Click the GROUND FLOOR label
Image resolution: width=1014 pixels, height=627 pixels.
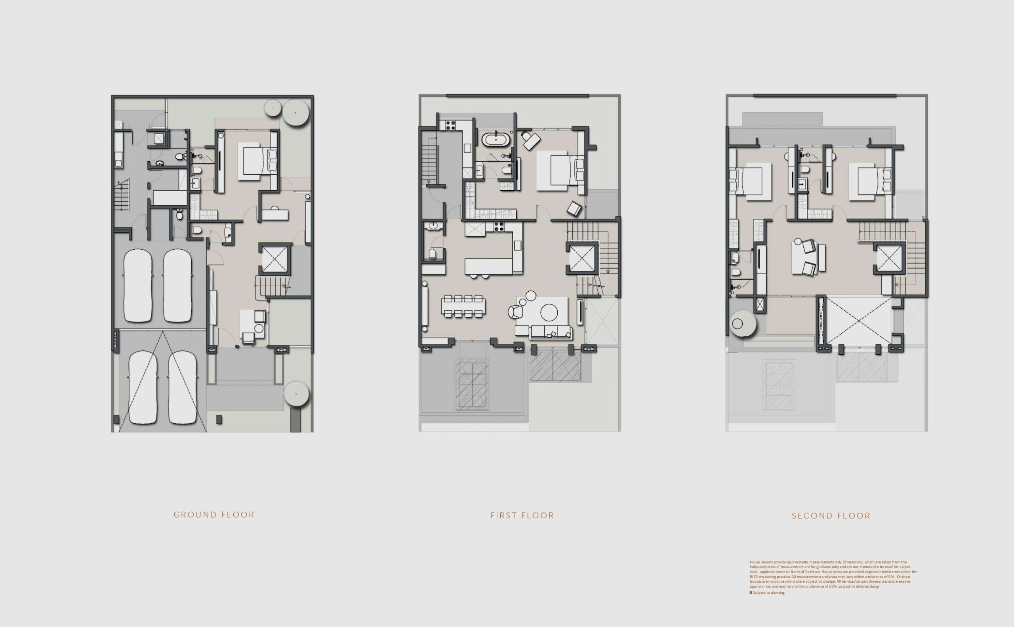pos(214,514)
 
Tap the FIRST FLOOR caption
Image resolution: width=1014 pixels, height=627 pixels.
pos(522,516)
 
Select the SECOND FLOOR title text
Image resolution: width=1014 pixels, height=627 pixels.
pos(831,516)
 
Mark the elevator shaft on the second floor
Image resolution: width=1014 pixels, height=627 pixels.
pos(888,259)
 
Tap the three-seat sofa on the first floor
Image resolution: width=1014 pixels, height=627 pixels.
pos(544,331)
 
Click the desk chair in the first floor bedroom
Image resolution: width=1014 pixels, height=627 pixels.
pos(530,140)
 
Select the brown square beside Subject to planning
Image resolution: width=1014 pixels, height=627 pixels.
pos(751,593)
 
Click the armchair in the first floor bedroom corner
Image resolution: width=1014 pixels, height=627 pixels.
pos(574,208)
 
